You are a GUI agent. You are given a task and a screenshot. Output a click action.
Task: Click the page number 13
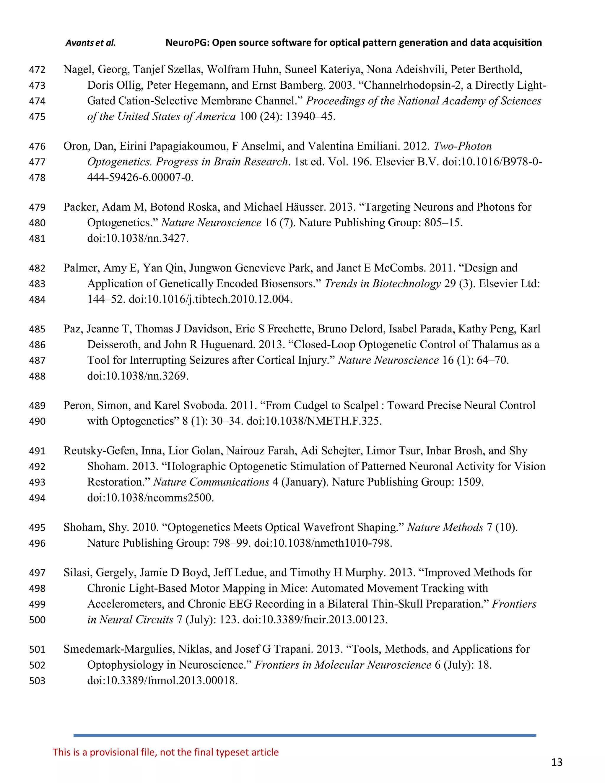coord(556,762)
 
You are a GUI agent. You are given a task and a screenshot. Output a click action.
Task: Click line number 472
coord(37,69)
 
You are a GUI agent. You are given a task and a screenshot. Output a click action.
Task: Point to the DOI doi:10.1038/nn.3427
coord(138,238)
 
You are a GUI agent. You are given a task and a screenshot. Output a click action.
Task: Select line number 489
coord(37,405)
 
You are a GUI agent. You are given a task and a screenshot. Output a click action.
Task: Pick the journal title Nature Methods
coord(445,527)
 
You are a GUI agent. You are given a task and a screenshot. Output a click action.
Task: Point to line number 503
coord(37,681)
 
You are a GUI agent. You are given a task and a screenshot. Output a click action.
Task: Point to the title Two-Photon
coord(462,146)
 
